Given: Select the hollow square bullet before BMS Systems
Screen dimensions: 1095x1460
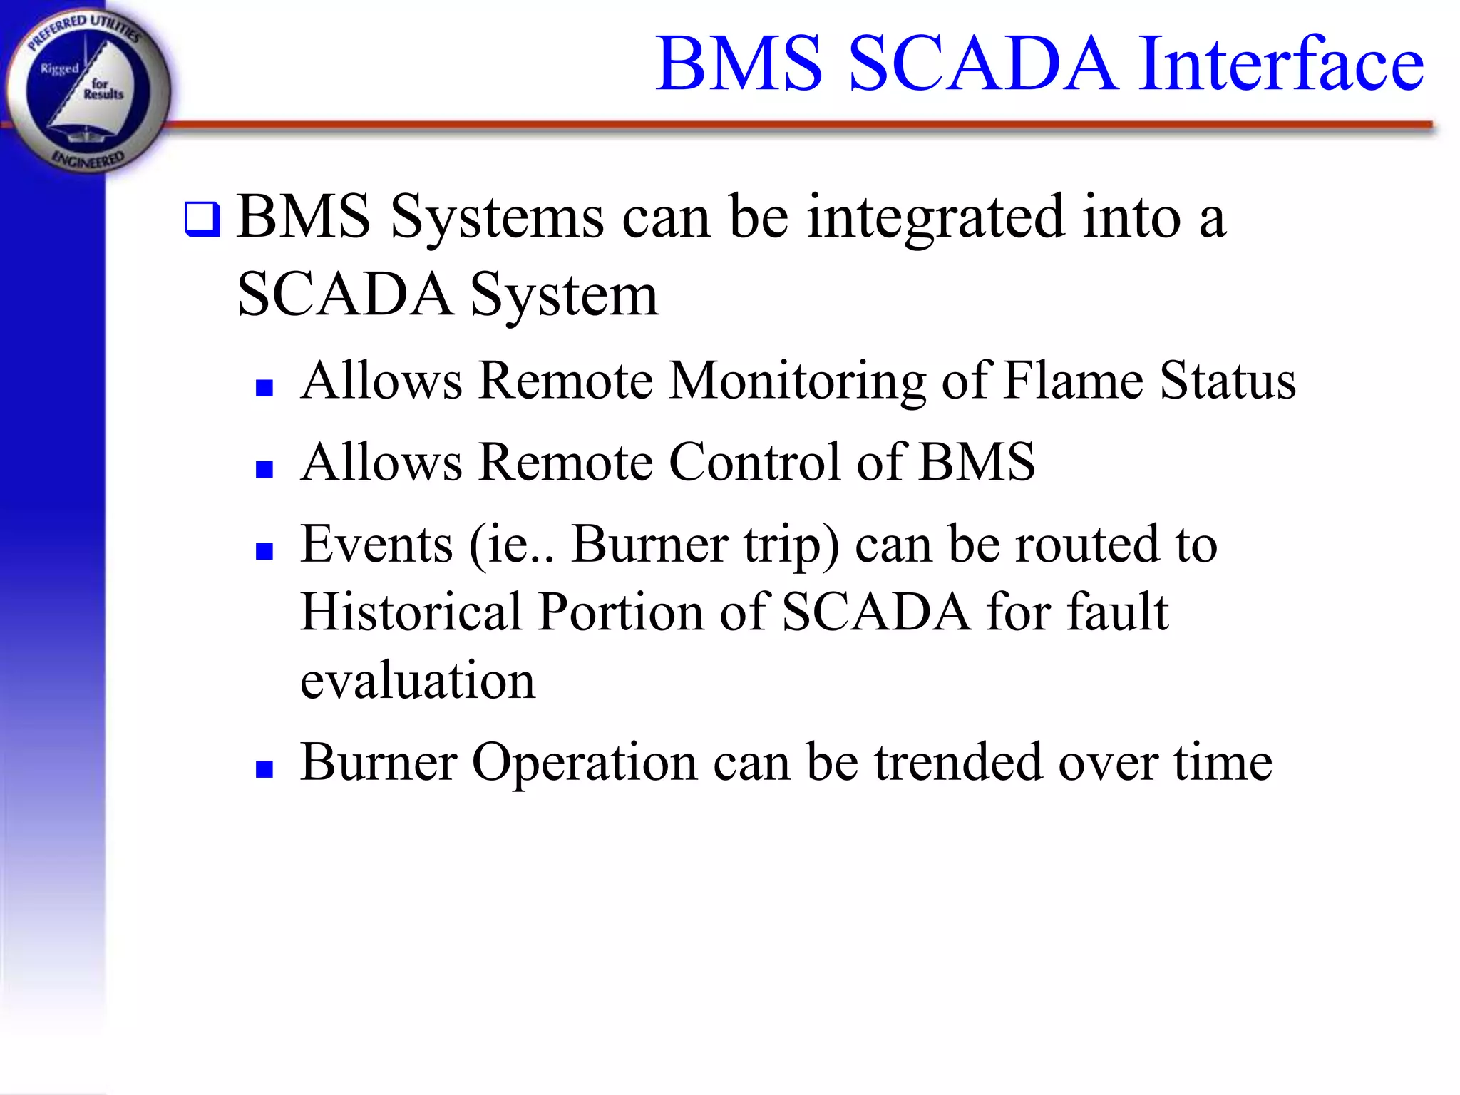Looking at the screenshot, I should point(202,220).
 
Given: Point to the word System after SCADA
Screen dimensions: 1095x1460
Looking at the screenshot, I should point(563,296).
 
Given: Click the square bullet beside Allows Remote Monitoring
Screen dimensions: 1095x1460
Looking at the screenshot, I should point(264,388).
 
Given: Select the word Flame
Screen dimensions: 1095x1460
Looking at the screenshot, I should point(1073,381).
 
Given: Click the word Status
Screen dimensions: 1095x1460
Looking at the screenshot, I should point(1228,381).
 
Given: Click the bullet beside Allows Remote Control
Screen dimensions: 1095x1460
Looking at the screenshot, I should point(264,469).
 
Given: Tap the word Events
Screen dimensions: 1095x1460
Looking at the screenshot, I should point(376,545).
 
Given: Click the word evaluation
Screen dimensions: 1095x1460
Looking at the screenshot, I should point(418,682).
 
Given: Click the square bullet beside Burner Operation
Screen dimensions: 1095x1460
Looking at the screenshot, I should point(264,769).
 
